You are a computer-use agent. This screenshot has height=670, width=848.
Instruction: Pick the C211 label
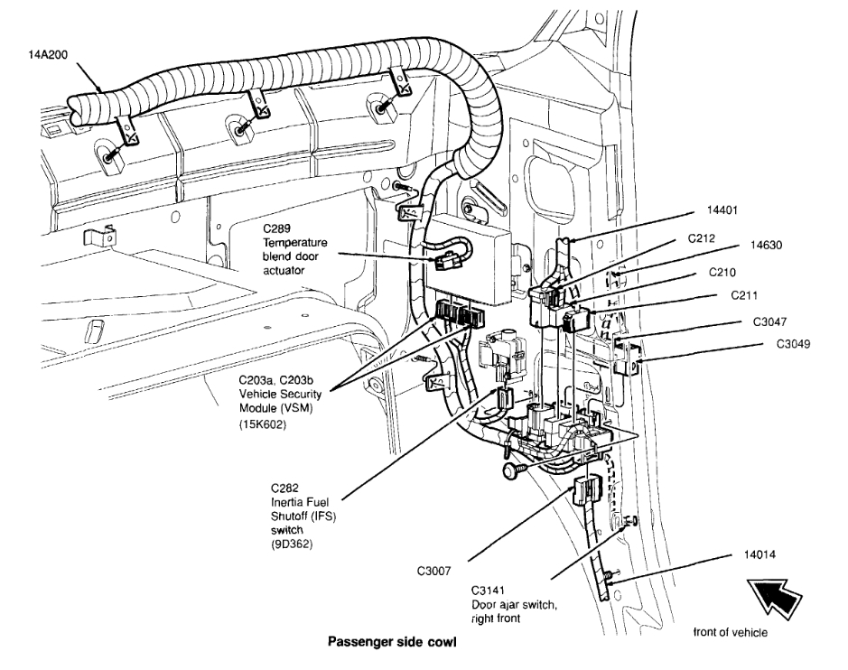746,293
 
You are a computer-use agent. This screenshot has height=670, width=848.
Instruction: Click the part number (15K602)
263,424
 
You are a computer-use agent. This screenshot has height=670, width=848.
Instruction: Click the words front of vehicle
731,632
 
